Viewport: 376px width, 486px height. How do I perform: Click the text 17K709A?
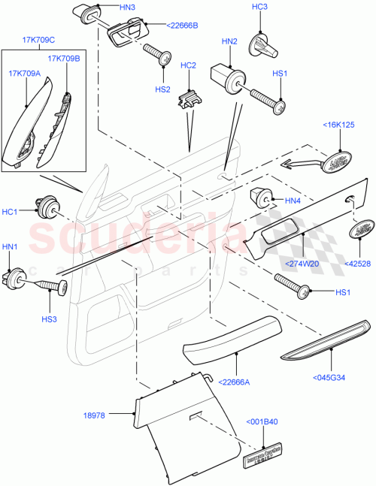click(x=25, y=73)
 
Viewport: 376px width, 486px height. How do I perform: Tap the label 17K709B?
click(x=64, y=58)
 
